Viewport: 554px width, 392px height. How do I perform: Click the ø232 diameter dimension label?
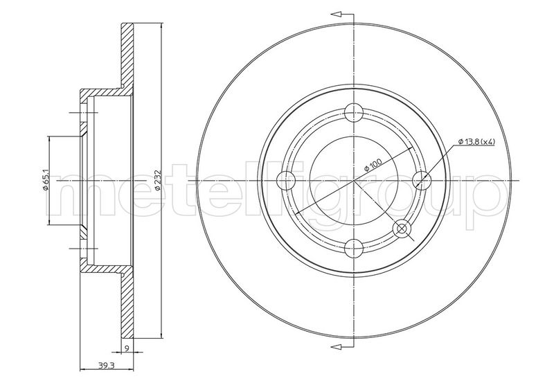(159, 180)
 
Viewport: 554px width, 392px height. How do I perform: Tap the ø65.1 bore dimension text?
(46, 181)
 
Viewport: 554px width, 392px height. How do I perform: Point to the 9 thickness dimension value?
(127, 348)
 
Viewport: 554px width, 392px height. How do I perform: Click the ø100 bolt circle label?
(373, 165)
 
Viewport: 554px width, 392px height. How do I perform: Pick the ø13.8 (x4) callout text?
(476, 142)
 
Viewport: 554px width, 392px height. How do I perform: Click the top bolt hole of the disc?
(354, 113)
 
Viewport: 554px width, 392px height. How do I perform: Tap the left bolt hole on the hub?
(286, 181)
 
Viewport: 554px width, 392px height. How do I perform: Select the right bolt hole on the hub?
(422, 181)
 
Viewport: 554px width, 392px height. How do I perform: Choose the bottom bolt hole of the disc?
(354, 249)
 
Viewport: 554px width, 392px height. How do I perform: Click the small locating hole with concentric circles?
(402, 229)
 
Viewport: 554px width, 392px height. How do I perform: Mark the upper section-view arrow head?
(337, 14)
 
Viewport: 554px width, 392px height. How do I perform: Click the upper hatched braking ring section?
(127, 56)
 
